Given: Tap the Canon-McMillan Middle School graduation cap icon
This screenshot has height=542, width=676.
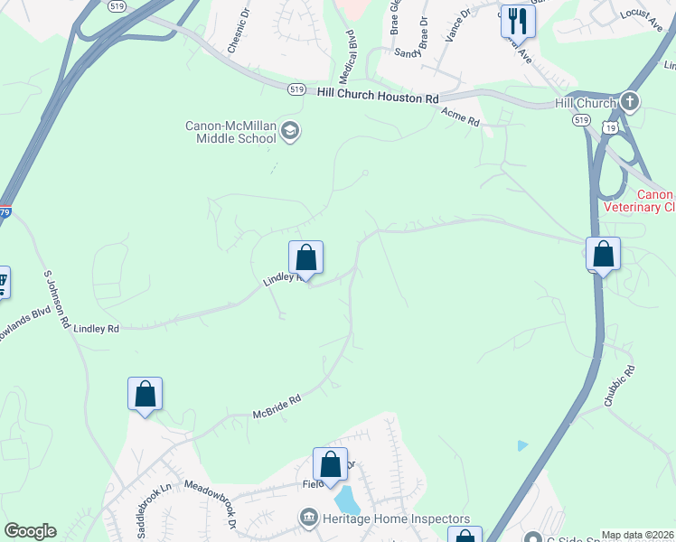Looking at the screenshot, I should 290,132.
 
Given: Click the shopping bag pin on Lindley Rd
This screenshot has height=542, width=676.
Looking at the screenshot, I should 305,257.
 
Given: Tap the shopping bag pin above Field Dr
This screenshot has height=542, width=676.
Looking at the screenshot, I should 330,464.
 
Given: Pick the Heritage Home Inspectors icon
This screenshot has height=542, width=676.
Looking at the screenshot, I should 308,518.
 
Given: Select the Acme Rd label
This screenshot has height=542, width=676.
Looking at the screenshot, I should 460,116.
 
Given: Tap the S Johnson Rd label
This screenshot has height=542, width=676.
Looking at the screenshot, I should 56,302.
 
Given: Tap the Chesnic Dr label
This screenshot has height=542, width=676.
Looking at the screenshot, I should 243,28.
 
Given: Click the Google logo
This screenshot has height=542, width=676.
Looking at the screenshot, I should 30,531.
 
